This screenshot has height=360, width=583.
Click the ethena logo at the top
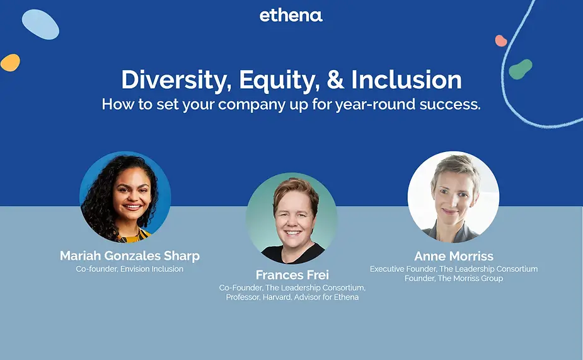[x=291, y=15]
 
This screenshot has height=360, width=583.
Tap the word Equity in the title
[x=279, y=80]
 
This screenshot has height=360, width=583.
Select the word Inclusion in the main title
[x=407, y=79]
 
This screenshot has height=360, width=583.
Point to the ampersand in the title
[x=335, y=79]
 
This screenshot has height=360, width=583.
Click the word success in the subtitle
[x=450, y=105]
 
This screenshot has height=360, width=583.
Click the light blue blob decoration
[x=40, y=24]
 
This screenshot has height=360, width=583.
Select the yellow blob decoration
[x=11, y=62]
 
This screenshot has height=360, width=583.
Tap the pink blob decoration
[x=501, y=40]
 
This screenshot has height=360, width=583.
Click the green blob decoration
[x=520, y=69]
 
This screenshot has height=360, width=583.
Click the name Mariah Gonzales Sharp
[x=130, y=256]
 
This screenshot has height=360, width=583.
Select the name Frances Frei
[x=292, y=275]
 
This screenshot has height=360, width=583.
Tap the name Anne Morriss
[x=454, y=256]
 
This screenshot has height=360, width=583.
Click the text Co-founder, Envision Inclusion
[x=129, y=269]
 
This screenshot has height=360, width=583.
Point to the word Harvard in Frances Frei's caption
[x=277, y=297]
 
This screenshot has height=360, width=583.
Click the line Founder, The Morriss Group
[x=454, y=279]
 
